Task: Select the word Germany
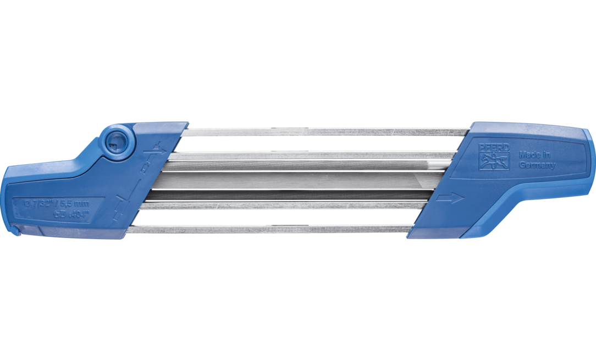(x=537, y=165)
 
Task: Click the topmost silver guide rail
(x=324, y=131)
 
